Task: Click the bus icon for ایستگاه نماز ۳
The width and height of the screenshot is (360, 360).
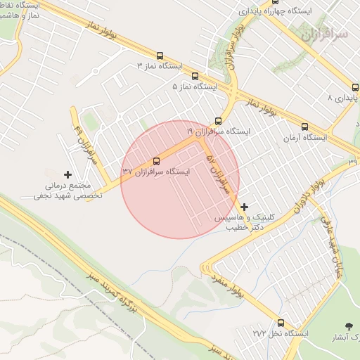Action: [160, 56]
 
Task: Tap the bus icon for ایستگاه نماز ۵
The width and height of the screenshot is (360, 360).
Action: [195, 77]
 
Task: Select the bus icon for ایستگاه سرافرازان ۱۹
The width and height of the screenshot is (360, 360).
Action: [218, 121]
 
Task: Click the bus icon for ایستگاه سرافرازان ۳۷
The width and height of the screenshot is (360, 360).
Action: [156, 161]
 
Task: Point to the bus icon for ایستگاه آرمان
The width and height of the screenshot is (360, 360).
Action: [304, 127]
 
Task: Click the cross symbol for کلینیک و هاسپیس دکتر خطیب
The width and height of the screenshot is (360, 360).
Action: [245, 207]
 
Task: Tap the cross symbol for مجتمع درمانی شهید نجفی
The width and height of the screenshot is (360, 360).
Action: [68, 174]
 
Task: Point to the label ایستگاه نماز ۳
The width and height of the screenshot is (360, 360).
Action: [160, 66]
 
